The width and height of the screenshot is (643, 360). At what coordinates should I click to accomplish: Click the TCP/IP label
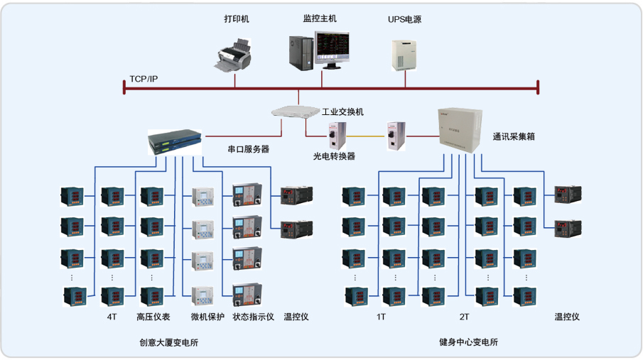pos(144,78)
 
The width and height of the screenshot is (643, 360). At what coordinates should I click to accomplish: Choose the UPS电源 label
pos(404,20)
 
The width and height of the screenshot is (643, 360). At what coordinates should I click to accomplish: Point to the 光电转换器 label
pos(334,156)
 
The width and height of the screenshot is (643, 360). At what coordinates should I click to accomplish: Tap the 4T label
pos(112,317)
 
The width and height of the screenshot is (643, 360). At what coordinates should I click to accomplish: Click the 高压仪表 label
pos(150,317)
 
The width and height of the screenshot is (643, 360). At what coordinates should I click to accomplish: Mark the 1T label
pos(382,317)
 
